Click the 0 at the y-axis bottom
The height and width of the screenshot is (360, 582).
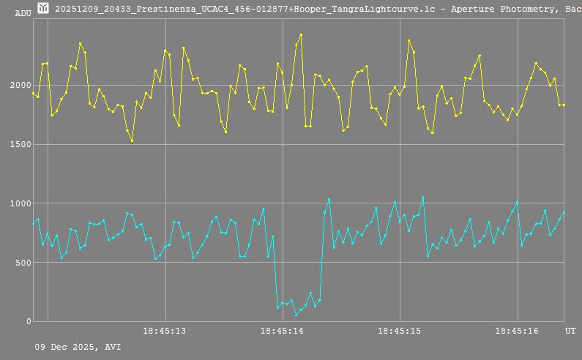(x=29, y=321)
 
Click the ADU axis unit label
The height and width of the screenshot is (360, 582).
(x=23, y=13)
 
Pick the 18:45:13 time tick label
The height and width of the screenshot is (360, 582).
(x=164, y=331)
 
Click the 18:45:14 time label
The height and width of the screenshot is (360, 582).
(x=282, y=331)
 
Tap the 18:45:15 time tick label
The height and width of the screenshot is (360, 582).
(x=400, y=331)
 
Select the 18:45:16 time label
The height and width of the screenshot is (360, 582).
(x=517, y=331)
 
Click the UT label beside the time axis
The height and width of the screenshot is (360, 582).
(x=570, y=331)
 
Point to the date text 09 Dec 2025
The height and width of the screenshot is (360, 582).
(x=67, y=347)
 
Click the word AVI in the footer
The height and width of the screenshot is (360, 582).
(x=113, y=347)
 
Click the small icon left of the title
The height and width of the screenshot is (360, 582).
(x=43, y=7)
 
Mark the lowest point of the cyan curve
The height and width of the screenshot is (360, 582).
(x=296, y=315)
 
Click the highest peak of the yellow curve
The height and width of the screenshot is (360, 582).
(x=301, y=34)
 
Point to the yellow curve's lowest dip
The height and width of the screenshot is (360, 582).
(x=132, y=140)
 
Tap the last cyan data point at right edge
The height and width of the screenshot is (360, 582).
(x=564, y=212)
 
